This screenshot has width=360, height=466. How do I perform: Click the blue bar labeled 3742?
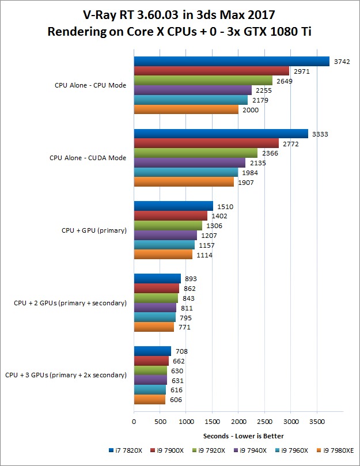pos(232,62)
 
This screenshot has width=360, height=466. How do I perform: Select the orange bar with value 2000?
pos(186,109)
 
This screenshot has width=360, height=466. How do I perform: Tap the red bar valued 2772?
pos(206,143)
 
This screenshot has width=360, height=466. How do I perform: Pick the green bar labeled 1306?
pos(168,225)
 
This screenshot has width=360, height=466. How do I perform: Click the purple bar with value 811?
pos(155,308)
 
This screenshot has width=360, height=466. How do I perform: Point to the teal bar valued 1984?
pos(185,172)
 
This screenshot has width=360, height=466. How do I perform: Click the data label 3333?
pos(321,134)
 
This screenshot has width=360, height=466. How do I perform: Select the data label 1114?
pos(204,255)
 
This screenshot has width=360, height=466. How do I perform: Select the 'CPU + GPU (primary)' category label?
pos(94,230)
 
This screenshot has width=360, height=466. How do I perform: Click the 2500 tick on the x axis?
pos(264,422)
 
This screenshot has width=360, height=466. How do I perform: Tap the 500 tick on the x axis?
pos(160,422)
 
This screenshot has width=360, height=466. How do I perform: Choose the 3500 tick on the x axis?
pos(316,422)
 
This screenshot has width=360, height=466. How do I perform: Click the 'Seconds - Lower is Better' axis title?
pos(243,435)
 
